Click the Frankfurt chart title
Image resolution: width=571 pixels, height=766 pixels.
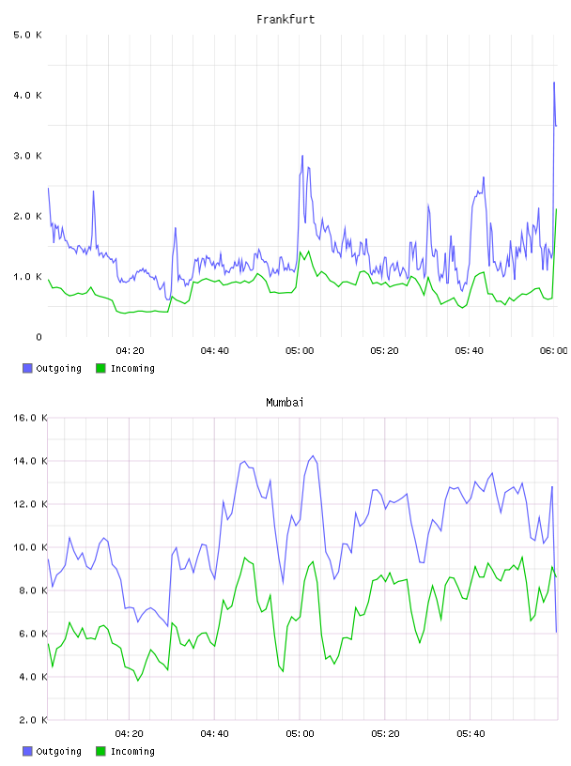pos(285,19)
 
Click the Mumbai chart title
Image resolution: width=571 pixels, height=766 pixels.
pos(285,402)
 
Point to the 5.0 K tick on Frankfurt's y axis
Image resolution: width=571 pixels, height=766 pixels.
pos(28,35)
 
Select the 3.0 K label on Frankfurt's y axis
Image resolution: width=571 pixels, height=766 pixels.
pos(28,155)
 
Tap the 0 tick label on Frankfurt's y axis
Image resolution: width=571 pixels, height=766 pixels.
pos(39,337)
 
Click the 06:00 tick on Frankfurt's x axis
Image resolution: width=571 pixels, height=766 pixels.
pos(553,350)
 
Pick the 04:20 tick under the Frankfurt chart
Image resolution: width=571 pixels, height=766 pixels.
pos(130,350)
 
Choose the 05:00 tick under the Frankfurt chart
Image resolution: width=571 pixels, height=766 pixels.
pos(300,350)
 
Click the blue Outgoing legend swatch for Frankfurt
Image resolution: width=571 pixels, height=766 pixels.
pos(27,368)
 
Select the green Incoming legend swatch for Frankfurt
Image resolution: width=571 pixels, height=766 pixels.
pos(100,368)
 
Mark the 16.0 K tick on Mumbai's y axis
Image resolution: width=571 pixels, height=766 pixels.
pos(30,418)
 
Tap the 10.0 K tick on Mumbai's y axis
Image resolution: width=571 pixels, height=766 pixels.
pos(30,547)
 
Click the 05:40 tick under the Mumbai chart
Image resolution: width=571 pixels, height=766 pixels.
pos(471,733)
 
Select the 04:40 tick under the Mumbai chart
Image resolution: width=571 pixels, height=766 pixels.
pos(215,733)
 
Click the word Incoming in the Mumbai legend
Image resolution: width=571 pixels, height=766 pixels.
pos(132,751)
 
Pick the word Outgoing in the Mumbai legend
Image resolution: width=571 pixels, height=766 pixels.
pos(58,751)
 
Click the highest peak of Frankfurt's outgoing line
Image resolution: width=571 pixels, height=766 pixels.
pos(554,83)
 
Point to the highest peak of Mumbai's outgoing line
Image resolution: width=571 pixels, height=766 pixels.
pos(313,456)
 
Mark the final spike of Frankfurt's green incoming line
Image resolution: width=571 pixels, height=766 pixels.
pos(556,209)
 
